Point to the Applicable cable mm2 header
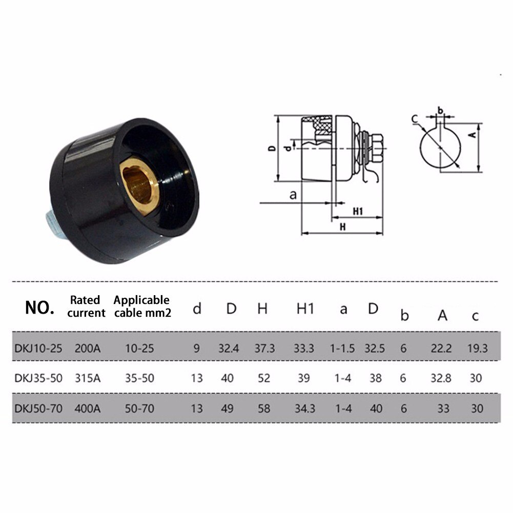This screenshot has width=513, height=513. (x=141, y=306)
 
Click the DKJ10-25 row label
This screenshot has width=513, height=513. (x=38, y=348)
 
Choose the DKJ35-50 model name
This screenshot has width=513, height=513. (x=38, y=378)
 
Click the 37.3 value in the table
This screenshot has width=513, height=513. (x=265, y=348)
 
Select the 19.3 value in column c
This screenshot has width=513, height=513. (x=478, y=348)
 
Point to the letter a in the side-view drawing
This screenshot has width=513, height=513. (x=293, y=195)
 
